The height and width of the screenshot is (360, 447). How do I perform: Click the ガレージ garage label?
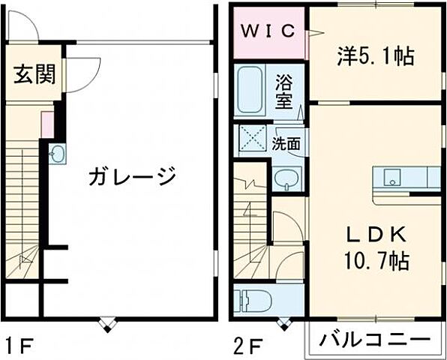pos(132,177)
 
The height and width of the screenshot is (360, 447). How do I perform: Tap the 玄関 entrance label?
pos(33,75)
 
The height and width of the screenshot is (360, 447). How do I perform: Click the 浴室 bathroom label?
pos(283,91)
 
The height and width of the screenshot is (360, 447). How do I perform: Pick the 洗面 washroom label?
pos(286,143)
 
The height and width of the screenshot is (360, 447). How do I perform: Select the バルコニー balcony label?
pos(370,340)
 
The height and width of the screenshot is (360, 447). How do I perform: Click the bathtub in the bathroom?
pos(250,91)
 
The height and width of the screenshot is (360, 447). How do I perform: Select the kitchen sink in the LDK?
pos(392,178)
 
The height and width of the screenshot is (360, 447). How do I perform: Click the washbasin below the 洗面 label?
pos(285,178)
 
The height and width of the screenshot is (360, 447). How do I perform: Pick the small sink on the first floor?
pos(58,154)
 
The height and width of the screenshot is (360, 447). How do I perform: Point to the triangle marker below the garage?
pos(107,325)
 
